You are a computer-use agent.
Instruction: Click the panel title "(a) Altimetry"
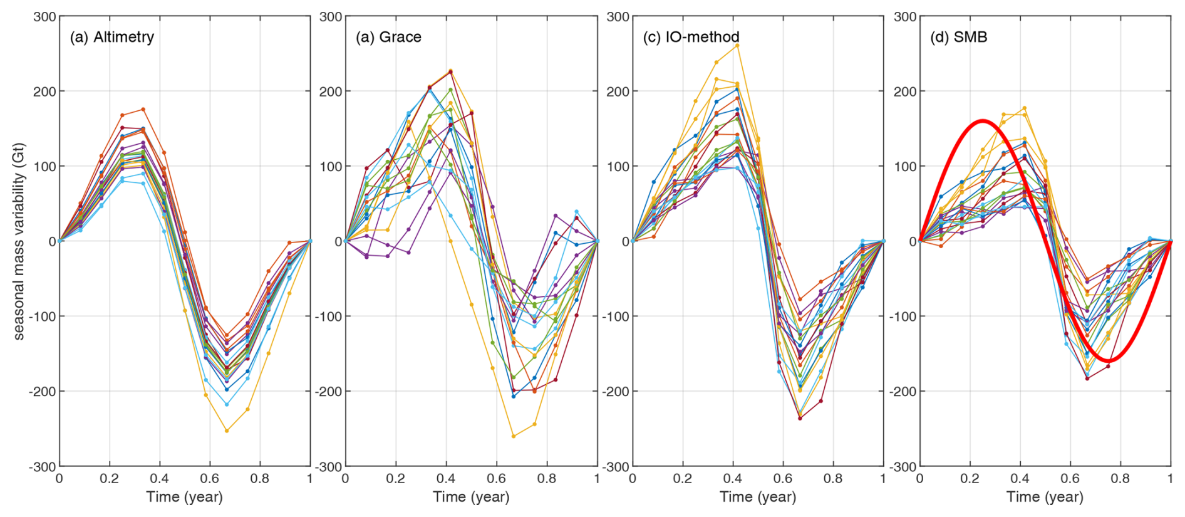[x=112, y=37]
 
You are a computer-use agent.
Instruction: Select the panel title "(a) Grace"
[x=388, y=37]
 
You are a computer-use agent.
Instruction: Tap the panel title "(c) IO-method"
[x=691, y=37]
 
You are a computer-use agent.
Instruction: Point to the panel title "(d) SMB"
[x=958, y=37]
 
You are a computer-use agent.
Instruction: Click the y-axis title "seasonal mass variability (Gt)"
[x=19, y=241]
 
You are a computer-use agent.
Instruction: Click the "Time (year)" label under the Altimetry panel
[x=184, y=497]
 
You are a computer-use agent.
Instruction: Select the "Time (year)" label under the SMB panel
[x=1045, y=497]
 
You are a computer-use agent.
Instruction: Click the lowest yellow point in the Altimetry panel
[x=227, y=431]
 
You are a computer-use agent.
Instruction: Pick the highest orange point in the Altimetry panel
[x=143, y=109]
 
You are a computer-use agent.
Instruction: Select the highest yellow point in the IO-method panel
[x=737, y=45]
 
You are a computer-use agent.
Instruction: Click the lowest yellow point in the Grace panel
[x=514, y=436]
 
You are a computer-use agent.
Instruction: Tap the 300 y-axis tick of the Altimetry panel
[x=44, y=16]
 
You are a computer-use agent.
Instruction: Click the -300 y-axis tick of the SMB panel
[x=903, y=467]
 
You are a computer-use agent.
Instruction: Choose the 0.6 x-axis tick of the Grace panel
[x=496, y=479]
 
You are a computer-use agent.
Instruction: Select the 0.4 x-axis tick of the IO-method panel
[x=733, y=479]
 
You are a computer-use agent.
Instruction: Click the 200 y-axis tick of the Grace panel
[x=332, y=91]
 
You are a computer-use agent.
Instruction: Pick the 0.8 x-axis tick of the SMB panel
[x=1120, y=479]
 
